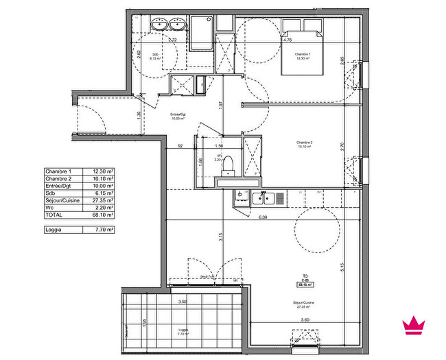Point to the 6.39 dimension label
[x=262, y=217]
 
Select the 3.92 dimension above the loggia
[x=183, y=301]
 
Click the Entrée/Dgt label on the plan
[x=180, y=115]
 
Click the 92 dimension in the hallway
[x=180, y=146]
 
